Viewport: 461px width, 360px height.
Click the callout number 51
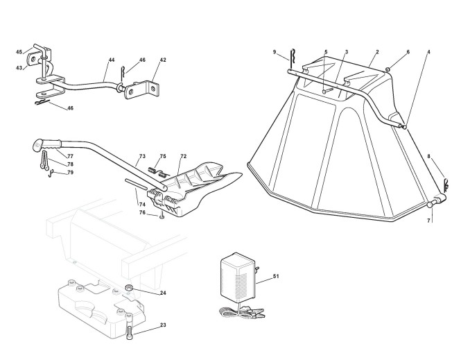click(x=276, y=277)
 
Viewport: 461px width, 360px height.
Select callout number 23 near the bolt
click(x=163, y=325)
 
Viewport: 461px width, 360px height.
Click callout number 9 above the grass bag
click(x=275, y=52)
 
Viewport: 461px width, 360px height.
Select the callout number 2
click(x=377, y=52)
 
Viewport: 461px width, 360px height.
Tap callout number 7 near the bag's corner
click(x=428, y=220)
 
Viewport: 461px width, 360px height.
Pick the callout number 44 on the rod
click(x=110, y=60)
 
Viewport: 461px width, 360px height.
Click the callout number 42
click(x=163, y=60)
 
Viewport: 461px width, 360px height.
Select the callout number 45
click(x=19, y=51)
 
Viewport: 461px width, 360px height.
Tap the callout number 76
click(x=141, y=213)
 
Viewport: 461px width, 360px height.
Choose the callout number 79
click(x=70, y=172)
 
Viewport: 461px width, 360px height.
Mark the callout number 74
click(x=141, y=205)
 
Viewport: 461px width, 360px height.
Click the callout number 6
click(x=408, y=52)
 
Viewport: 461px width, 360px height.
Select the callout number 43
click(x=19, y=67)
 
